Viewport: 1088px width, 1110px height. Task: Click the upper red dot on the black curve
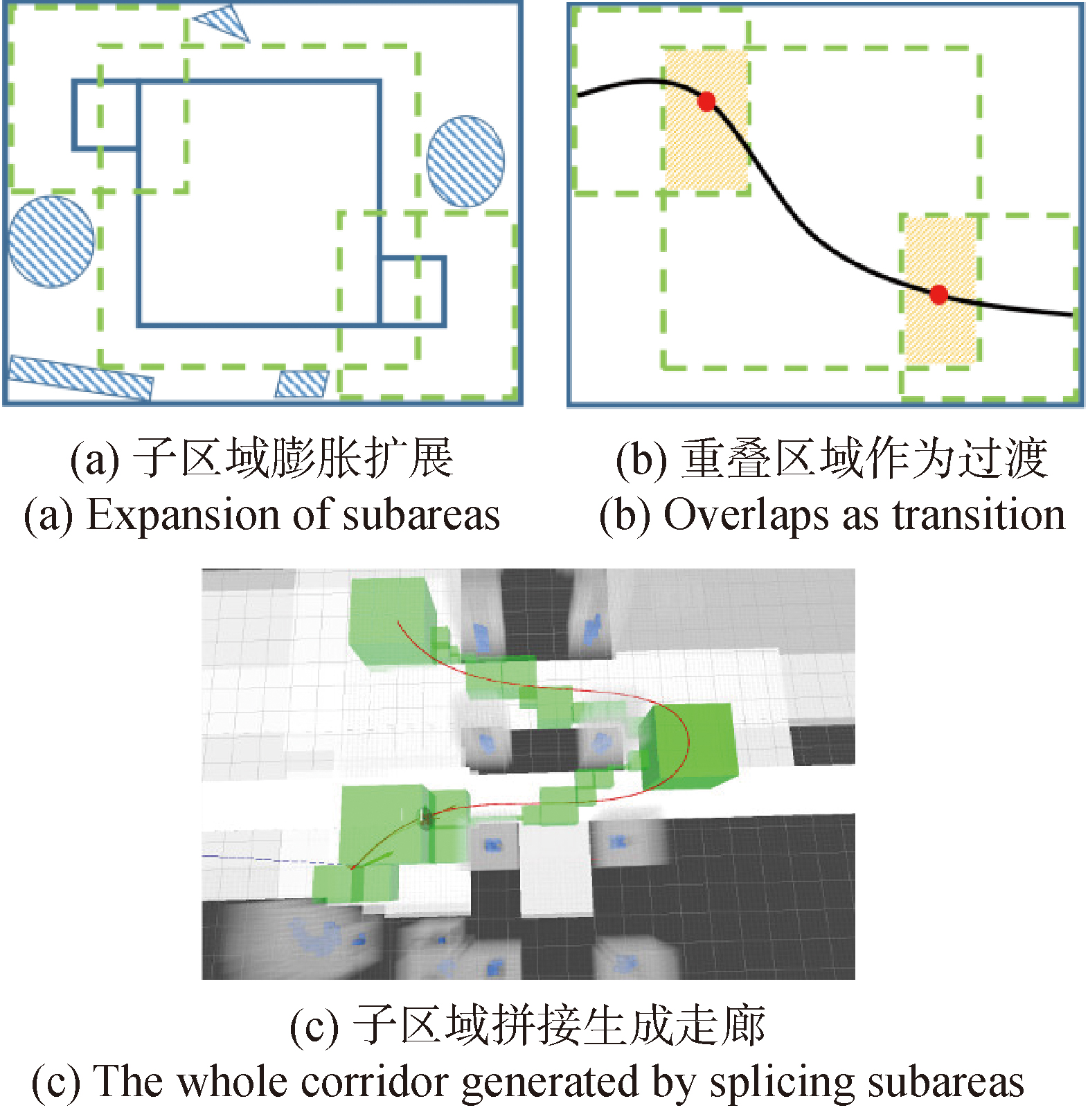click(x=706, y=102)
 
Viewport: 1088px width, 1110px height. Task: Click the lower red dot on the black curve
click(x=938, y=295)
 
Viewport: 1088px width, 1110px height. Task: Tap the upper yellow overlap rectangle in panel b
click(x=706, y=119)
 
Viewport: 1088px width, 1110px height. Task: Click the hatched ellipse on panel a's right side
click(x=465, y=161)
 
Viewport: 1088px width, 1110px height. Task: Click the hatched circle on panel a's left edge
click(x=51, y=242)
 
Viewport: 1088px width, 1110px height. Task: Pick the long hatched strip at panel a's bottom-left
click(x=80, y=377)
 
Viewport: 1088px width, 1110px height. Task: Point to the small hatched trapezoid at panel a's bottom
click(x=302, y=384)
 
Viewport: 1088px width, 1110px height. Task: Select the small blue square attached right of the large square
click(x=413, y=291)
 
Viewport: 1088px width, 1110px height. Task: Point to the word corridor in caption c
click(x=377, y=1082)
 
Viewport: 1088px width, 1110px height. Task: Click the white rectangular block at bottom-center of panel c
click(x=556, y=869)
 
